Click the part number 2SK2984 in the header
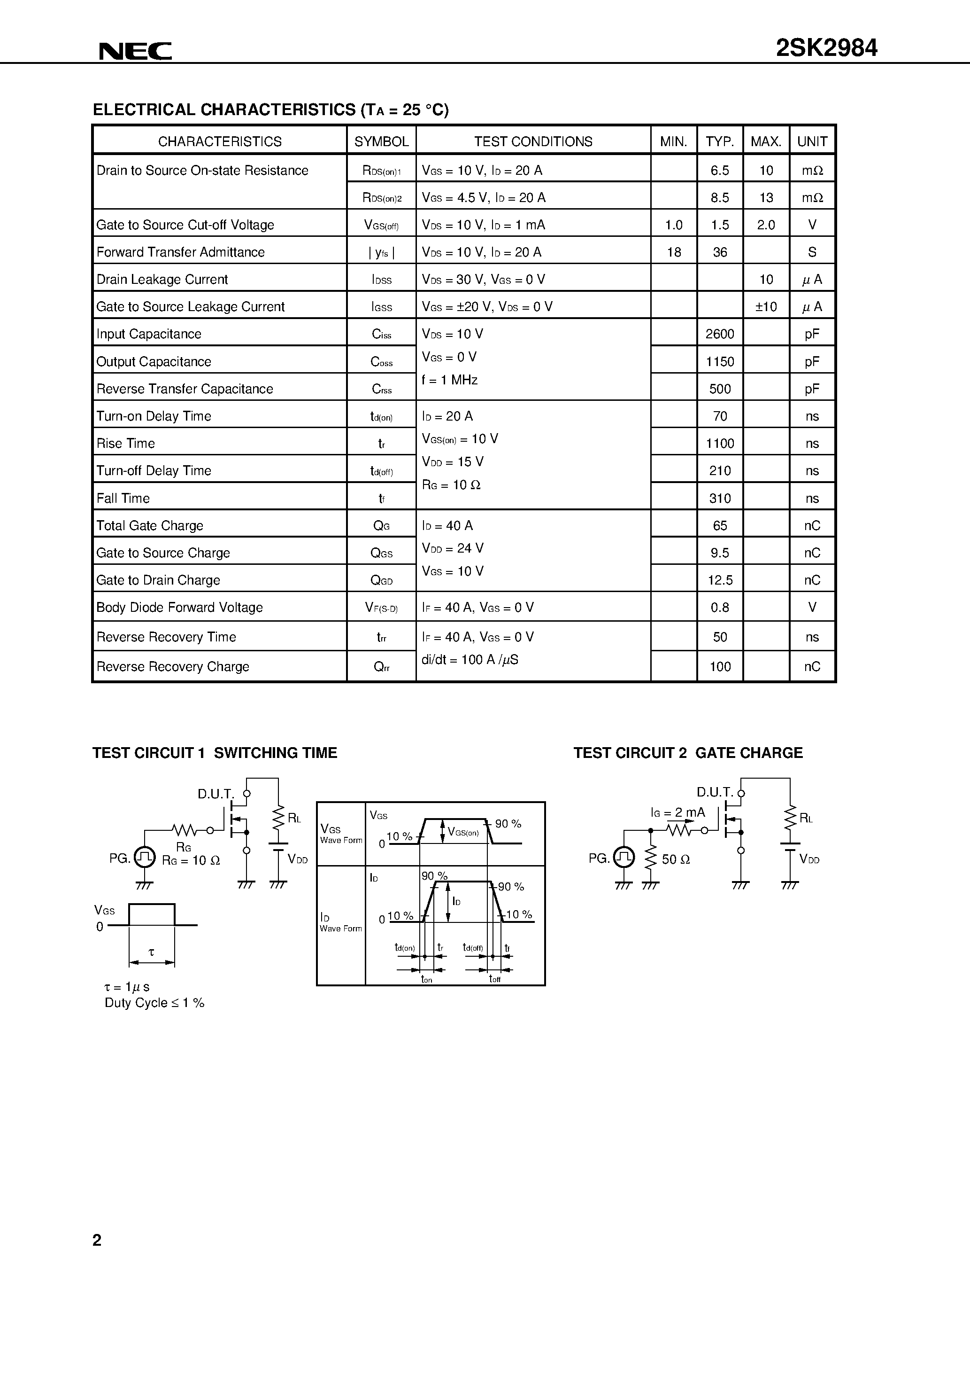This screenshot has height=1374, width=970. [826, 48]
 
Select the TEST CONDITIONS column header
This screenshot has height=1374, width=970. [533, 141]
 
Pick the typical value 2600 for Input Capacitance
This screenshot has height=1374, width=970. [719, 334]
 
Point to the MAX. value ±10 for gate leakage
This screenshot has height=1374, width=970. [765, 306]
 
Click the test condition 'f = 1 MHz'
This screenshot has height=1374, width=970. [450, 380]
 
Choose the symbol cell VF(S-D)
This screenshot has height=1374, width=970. [381, 608]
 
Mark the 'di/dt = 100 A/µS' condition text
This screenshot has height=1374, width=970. [470, 659]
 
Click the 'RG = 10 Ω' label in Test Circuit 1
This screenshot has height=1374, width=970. [191, 860]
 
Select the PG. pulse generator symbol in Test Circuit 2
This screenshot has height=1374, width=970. [624, 858]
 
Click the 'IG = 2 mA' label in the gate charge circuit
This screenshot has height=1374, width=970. [677, 812]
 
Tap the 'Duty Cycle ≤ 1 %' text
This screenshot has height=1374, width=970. [154, 1003]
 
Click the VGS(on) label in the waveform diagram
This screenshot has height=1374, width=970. [463, 832]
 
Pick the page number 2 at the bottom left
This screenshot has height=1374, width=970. [97, 1240]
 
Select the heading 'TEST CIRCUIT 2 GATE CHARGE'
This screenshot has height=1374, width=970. [688, 753]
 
